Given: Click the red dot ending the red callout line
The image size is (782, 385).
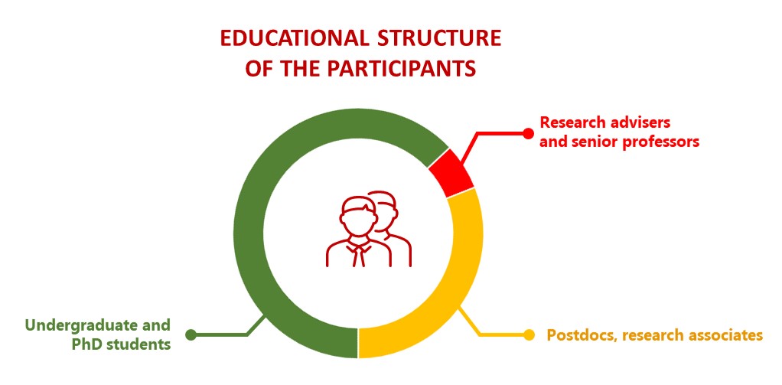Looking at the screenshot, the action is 528,133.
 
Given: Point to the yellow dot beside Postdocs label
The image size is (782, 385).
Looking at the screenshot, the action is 529,334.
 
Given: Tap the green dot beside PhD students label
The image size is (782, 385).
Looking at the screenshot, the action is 191,334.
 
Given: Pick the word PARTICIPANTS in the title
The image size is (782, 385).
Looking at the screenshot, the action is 401,70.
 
